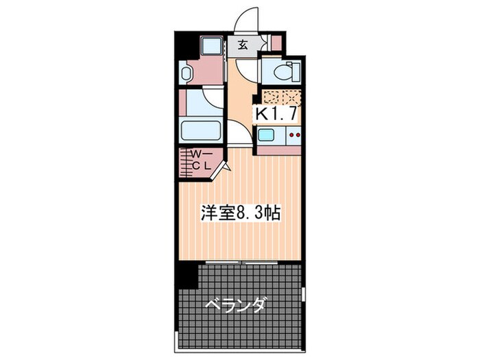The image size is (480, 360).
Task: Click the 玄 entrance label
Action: pos(243,46)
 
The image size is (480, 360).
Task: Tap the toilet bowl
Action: pos(280,71)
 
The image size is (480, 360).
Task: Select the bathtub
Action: pos(201,130)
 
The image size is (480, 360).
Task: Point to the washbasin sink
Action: pos(184,73)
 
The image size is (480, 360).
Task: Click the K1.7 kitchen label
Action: pos(277,114)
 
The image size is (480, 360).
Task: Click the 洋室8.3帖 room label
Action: pos(239,213)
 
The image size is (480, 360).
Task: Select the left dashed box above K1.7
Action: pos(271,97)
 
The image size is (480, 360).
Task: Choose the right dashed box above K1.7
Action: pos(291,97)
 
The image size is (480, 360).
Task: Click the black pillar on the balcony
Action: pos(187,275)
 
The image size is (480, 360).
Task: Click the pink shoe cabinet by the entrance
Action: pos(276,43)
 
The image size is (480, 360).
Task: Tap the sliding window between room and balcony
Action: pos(239,262)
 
